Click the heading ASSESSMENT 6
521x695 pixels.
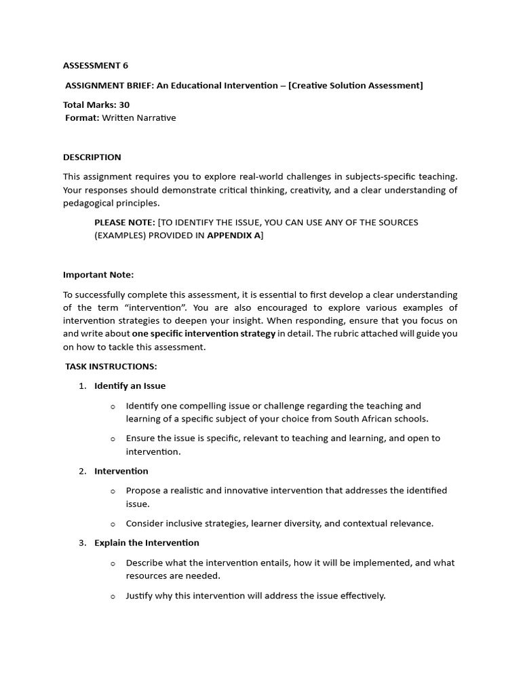click(x=96, y=66)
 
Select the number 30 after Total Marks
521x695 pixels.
click(x=123, y=105)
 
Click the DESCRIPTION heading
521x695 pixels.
click(x=92, y=157)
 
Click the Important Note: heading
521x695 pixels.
click(x=98, y=275)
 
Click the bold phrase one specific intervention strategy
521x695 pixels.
click(x=204, y=334)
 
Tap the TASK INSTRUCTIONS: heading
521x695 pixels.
click(x=111, y=367)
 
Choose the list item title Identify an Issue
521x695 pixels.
click(x=130, y=386)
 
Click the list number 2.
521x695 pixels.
click(x=82, y=471)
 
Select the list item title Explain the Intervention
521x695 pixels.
click(x=147, y=543)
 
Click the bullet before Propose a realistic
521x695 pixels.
click(x=113, y=491)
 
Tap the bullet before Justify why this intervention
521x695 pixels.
click(x=113, y=597)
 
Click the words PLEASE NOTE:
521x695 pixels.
click(x=125, y=223)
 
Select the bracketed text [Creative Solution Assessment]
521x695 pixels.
click(x=355, y=86)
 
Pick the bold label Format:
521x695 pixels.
click(x=82, y=118)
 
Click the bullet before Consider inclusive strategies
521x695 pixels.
click(x=113, y=523)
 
